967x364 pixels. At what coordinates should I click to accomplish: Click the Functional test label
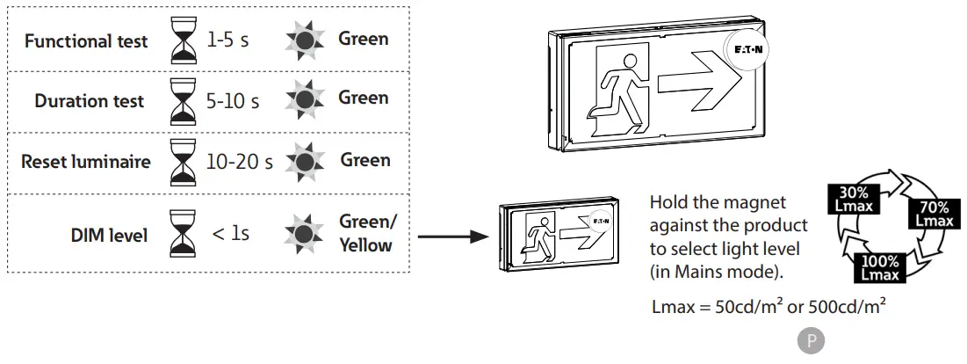coord(86,41)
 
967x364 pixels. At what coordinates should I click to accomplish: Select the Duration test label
coord(89,101)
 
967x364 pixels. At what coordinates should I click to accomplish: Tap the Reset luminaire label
coord(86,162)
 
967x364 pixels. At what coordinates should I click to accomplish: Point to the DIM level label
coord(109,236)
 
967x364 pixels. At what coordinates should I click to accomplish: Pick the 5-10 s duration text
coord(233,101)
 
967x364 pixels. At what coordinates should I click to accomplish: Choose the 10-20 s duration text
coord(240,162)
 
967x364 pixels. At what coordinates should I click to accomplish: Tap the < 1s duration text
coord(231,234)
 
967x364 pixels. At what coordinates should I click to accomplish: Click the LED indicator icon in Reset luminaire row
coord(305,163)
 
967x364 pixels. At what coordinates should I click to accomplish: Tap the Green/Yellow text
coord(365,233)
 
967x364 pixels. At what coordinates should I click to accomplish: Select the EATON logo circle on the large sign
coord(749,51)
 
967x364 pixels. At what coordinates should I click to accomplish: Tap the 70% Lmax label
coord(933,214)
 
